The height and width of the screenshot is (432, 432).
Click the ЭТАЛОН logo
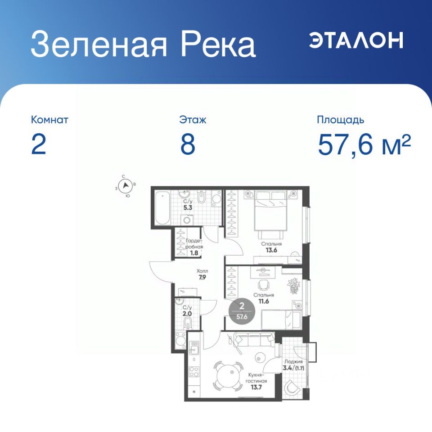[356, 40]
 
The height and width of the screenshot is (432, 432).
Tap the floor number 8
[188, 144]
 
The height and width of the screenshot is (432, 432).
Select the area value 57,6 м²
[364, 144]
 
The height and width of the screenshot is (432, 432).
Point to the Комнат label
[49, 120]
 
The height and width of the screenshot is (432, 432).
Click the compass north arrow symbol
[126, 185]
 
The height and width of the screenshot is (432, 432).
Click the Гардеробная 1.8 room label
[194, 247]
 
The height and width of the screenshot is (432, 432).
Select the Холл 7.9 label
[202, 274]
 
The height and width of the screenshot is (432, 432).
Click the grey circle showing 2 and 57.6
[242, 311]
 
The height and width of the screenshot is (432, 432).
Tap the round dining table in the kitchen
[228, 376]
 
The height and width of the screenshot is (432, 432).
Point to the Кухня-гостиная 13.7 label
[257, 381]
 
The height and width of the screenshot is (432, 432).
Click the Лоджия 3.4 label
[294, 365]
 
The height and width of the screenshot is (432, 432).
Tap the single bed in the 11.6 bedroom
[281, 319]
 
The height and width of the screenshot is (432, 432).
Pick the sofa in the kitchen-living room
[254, 339]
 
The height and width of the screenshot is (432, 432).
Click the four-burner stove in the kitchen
[194, 371]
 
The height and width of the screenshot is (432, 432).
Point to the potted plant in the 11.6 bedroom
[293, 286]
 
